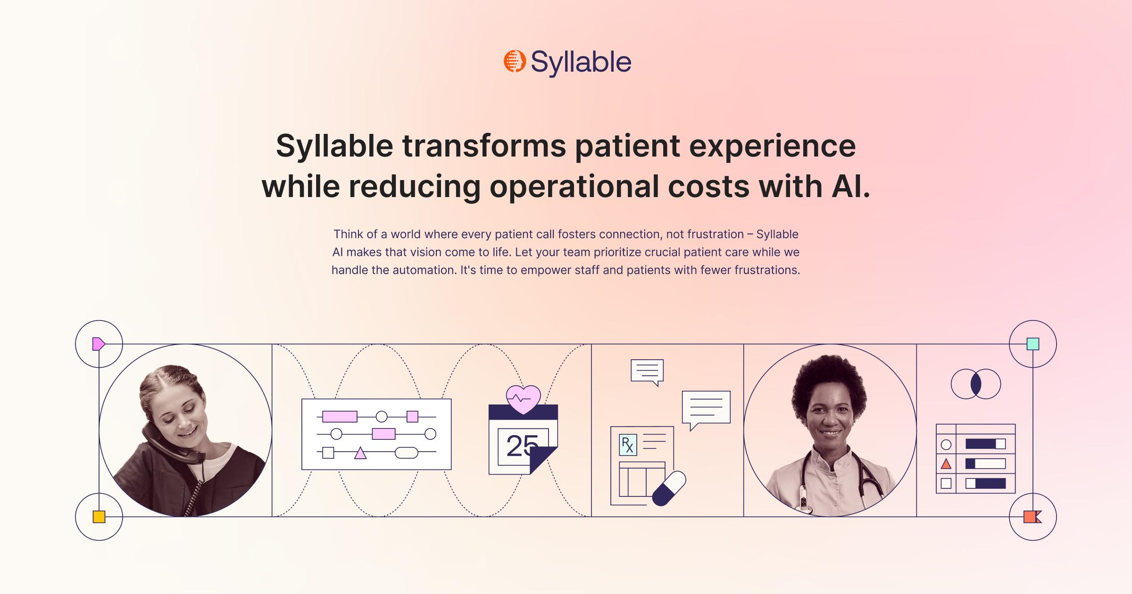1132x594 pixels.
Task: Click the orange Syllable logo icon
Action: pyautogui.click(x=514, y=61)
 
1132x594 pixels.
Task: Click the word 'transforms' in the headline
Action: pyautogui.click(x=484, y=146)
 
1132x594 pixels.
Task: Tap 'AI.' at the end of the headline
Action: pyautogui.click(x=850, y=186)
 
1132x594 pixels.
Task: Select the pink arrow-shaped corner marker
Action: pyautogui.click(x=98, y=344)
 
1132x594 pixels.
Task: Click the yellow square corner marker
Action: pyautogui.click(x=99, y=517)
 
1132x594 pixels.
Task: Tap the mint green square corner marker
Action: pyautogui.click(x=1033, y=344)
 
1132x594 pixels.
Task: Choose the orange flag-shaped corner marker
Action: pyautogui.click(x=1032, y=517)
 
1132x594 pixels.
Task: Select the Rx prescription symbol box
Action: pyautogui.click(x=628, y=445)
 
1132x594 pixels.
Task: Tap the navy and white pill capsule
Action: pyautogui.click(x=669, y=488)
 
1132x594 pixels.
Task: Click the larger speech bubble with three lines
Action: pyautogui.click(x=706, y=407)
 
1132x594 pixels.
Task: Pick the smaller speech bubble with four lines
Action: pyautogui.click(x=647, y=371)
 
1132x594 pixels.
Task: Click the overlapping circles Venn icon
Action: pyautogui.click(x=976, y=384)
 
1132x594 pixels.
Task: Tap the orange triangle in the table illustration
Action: pyautogui.click(x=946, y=464)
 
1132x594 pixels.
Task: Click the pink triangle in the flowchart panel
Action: pyautogui.click(x=360, y=453)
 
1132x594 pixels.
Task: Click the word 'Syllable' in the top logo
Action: pyautogui.click(x=581, y=62)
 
